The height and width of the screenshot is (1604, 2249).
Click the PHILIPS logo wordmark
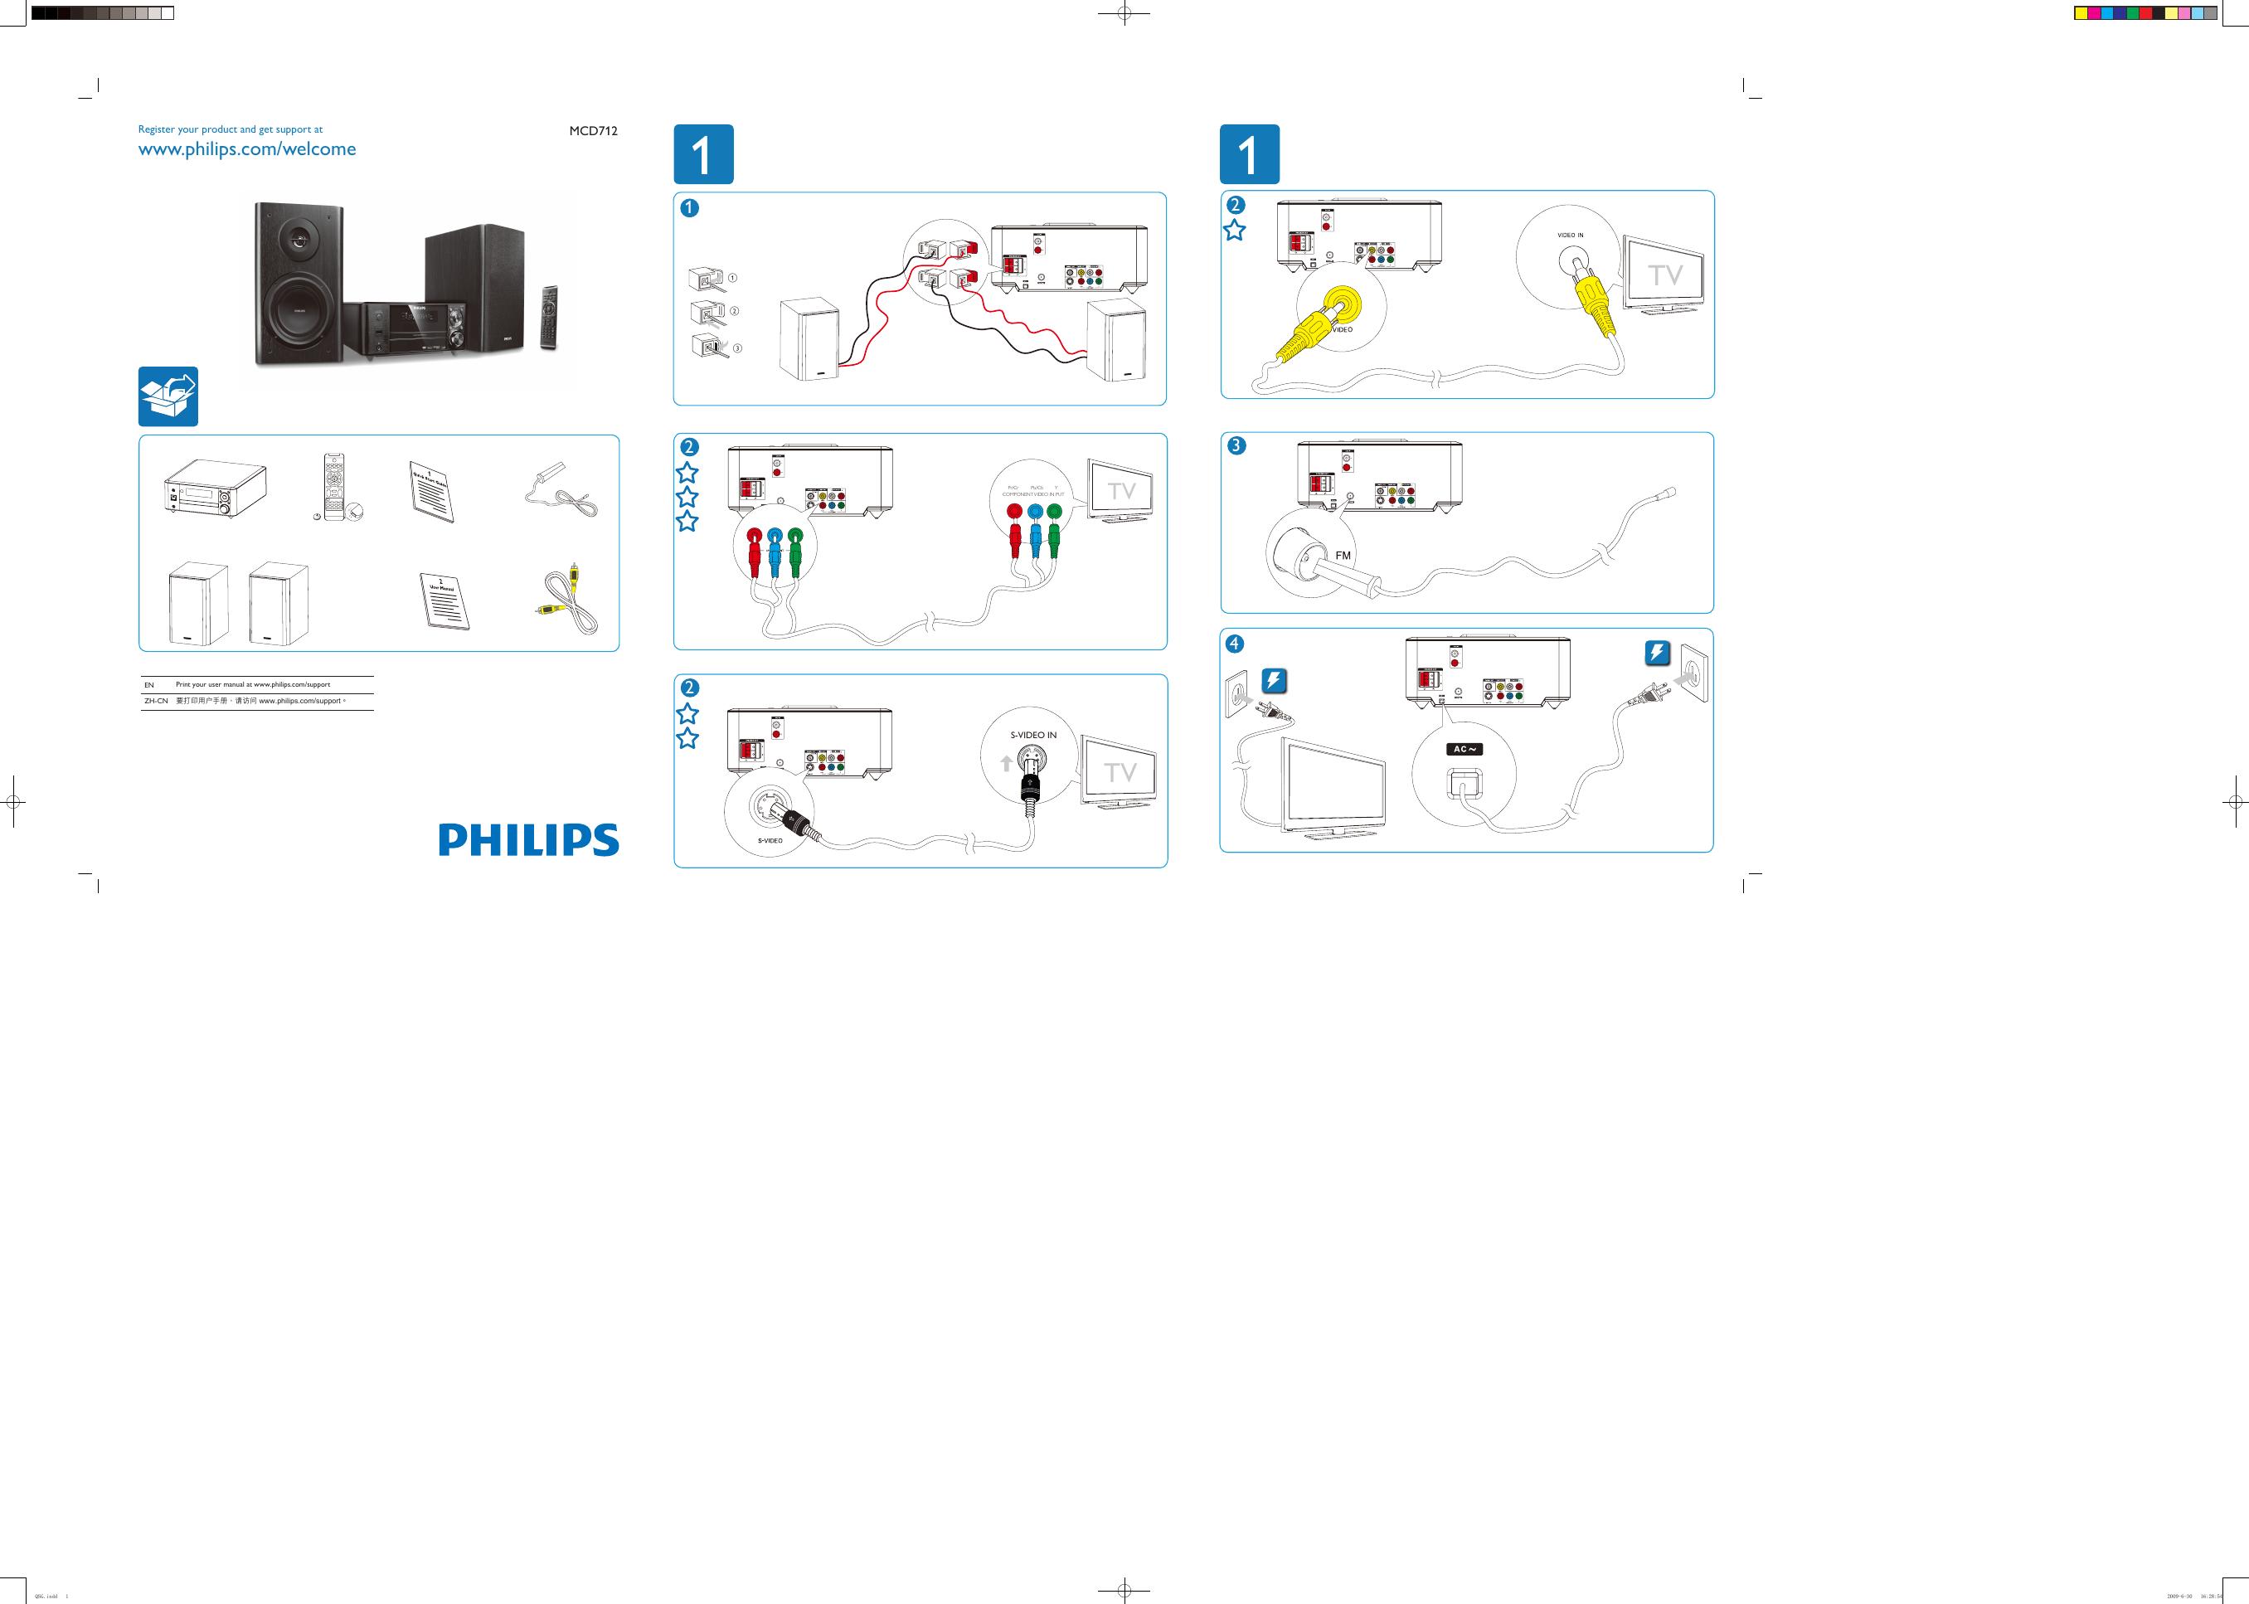click(x=528, y=839)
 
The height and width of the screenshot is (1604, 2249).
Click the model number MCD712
click(x=593, y=130)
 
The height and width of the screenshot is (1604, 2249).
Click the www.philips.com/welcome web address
click(x=247, y=150)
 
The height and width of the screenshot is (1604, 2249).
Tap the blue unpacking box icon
click(x=168, y=396)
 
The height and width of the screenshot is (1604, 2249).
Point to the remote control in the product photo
click(x=549, y=317)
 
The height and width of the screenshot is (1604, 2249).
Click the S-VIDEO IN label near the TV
click(x=1033, y=736)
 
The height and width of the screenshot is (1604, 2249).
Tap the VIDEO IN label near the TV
click(x=1571, y=235)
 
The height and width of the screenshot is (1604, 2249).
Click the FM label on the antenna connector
click(x=1343, y=556)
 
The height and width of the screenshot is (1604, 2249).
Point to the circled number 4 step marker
click(x=1235, y=643)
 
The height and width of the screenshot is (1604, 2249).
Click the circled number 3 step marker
click(x=1236, y=445)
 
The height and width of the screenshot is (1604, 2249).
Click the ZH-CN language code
click(x=156, y=702)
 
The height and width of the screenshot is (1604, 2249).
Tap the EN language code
click(x=149, y=684)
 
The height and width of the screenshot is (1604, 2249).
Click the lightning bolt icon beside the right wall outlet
click(x=1658, y=654)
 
